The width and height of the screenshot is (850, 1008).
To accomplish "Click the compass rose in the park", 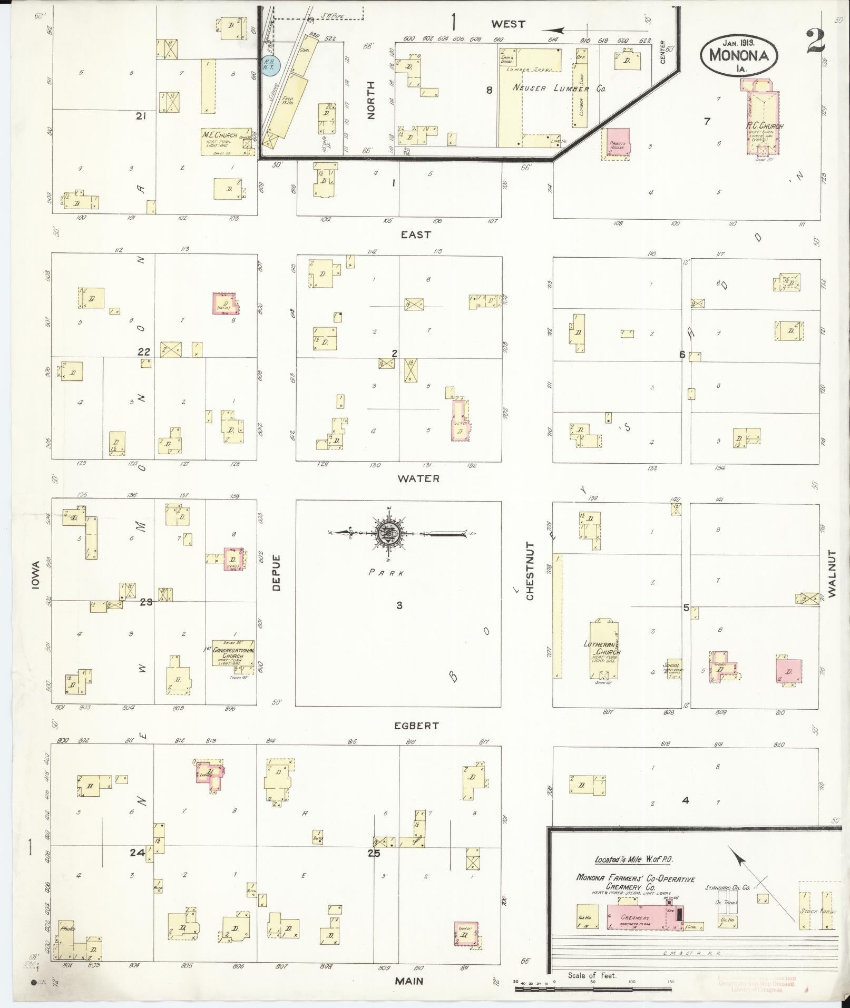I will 388,533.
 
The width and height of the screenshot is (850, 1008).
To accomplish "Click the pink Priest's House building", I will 618,142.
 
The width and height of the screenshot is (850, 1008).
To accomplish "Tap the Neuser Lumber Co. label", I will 560,89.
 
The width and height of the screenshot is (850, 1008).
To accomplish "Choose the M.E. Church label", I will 220,135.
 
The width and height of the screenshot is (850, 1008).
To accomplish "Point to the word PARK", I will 386,573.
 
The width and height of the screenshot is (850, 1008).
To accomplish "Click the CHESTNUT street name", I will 530,571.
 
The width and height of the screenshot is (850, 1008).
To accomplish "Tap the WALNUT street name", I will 832,573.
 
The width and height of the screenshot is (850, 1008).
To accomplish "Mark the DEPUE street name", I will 276,572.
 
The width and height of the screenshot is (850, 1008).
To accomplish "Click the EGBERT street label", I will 417,726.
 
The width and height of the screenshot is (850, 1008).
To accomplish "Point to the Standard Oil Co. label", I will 727,888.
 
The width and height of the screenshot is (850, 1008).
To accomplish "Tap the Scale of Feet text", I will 592,975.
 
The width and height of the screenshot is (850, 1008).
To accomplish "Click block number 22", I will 143,351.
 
